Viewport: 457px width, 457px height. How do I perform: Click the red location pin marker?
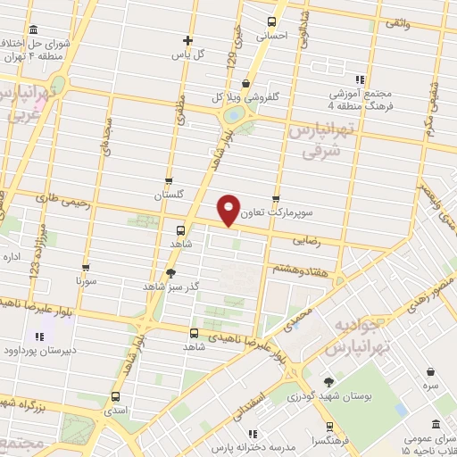228,209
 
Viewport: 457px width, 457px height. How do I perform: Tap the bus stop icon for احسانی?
272,22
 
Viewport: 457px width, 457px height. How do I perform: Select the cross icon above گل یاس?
187,39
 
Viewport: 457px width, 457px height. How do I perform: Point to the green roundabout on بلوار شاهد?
233,114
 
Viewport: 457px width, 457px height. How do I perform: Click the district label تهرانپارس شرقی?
323,141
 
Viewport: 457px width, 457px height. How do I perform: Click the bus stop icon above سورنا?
86,266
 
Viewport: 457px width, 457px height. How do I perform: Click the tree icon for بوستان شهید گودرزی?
328,383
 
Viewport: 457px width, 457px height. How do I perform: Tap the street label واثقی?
396,26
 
